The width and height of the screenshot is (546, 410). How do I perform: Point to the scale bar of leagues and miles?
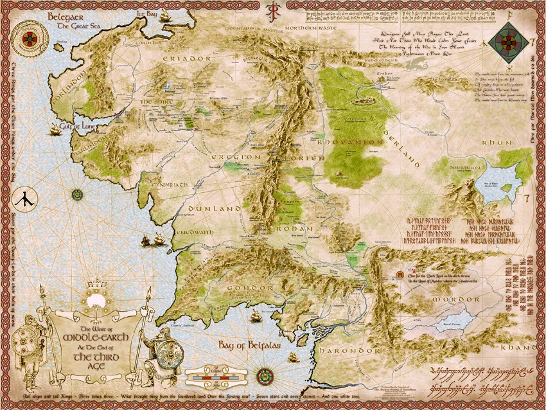tap(216, 375)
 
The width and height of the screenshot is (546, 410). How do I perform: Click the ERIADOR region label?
tap(186, 58)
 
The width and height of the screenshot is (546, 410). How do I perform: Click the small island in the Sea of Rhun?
tap(507, 188)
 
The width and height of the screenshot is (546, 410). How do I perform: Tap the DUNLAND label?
tap(215, 209)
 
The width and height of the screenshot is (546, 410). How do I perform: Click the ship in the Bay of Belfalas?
tap(255, 316)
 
